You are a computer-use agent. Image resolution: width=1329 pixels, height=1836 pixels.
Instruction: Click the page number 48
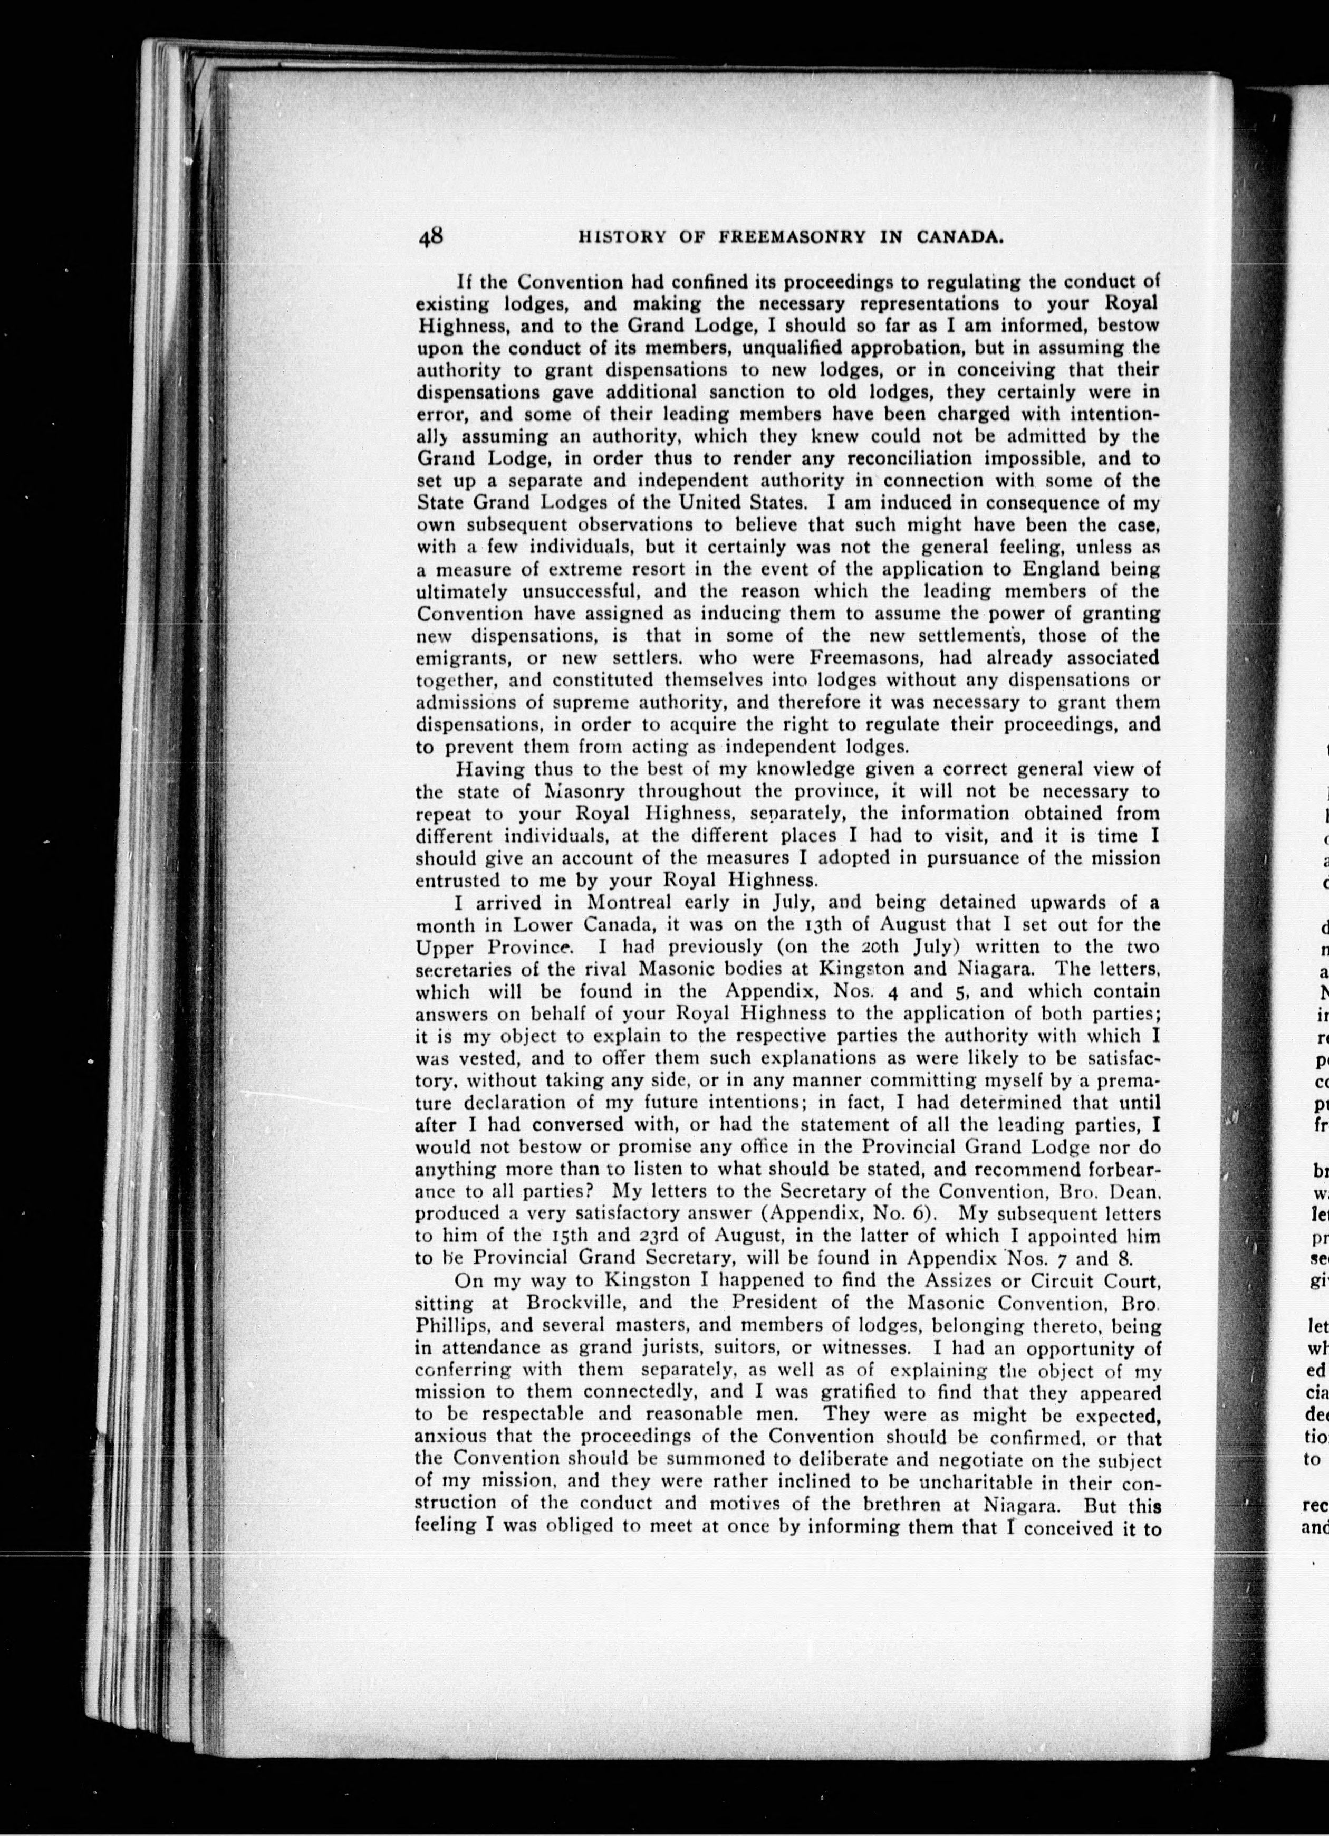point(430,236)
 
